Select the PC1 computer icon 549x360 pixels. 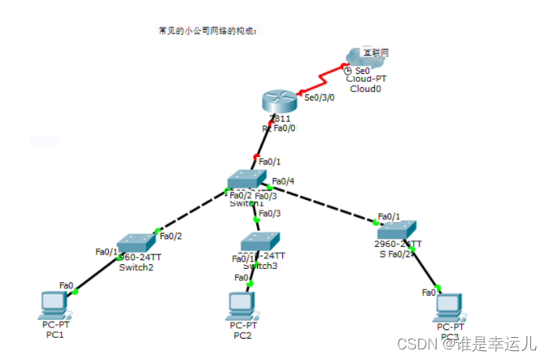55,305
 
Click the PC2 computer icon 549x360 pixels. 242,305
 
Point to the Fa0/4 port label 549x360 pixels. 283,180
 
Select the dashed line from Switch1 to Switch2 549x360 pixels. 191,214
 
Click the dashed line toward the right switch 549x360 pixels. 325,204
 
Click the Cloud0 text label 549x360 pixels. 364,89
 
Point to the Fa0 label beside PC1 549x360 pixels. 66,284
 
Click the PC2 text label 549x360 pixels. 242,335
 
